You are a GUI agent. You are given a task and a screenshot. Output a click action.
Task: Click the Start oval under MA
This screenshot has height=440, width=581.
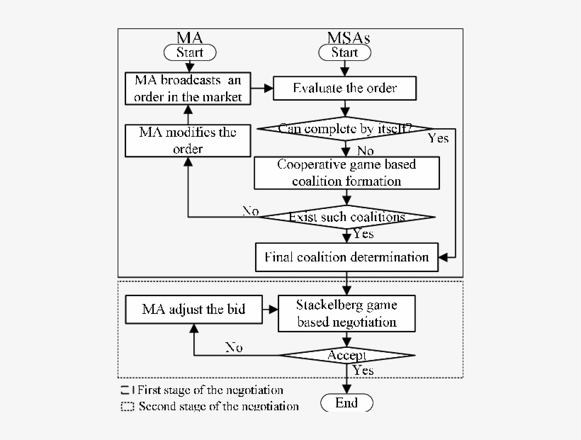[x=189, y=52]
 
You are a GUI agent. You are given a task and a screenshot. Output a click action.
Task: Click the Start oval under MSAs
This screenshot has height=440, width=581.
[x=344, y=52]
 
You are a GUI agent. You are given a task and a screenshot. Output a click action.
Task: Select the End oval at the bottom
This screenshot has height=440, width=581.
[x=346, y=403]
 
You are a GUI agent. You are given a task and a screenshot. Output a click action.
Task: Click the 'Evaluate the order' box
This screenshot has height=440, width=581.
[x=344, y=89]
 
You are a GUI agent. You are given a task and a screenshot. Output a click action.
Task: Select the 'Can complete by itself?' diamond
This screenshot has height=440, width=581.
[x=344, y=129]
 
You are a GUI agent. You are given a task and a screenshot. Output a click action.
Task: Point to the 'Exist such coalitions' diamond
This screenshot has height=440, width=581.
[x=346, y=217]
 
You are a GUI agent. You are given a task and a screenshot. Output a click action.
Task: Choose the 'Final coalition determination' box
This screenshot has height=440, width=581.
[x=346, y=257]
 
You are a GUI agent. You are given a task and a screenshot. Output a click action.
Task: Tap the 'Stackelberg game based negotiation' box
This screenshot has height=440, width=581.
[x=346, y=314]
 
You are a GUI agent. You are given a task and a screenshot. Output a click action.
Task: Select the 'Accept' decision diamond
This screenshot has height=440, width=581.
[x=346, y=355]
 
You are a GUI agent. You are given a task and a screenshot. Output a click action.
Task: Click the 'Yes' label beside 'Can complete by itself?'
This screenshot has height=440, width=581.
[x=438, y=138]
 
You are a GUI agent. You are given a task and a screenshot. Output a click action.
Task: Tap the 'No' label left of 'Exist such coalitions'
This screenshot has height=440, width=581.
[x=250, y=210]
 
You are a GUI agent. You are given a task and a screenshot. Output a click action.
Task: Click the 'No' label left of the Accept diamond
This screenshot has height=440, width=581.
[x=234, y=347]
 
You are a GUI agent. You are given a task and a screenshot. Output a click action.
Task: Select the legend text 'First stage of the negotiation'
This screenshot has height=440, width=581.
[x=210, y=390]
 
